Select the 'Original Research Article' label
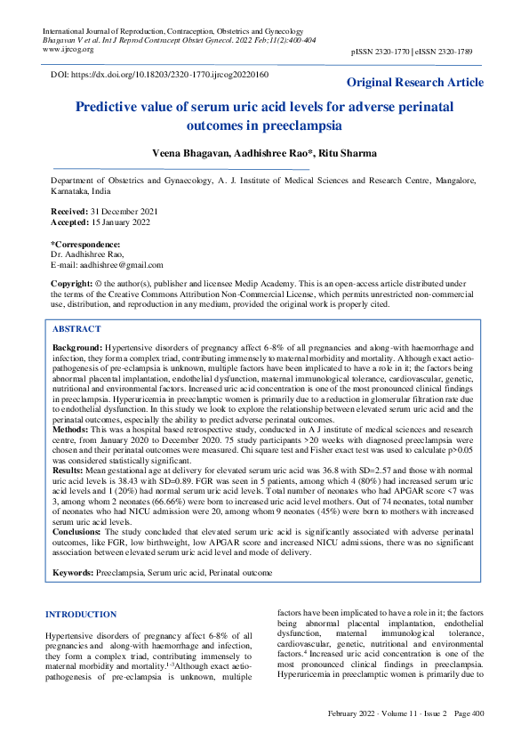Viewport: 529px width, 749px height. coord(414,83)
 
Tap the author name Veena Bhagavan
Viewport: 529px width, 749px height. coord(190,153)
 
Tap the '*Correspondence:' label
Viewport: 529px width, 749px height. coord(84,244)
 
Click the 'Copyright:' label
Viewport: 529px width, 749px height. coord(71,282)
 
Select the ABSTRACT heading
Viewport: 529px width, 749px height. coord(76,328)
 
